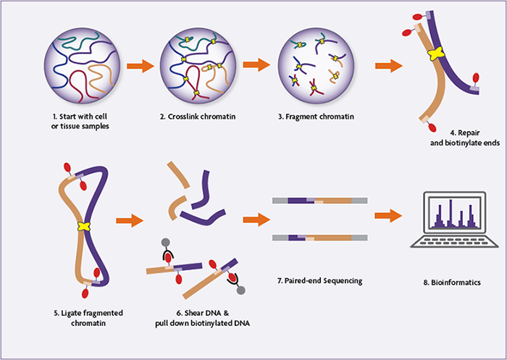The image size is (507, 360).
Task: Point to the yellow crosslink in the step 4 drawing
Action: pyautogui.click(x=435, y=54)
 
